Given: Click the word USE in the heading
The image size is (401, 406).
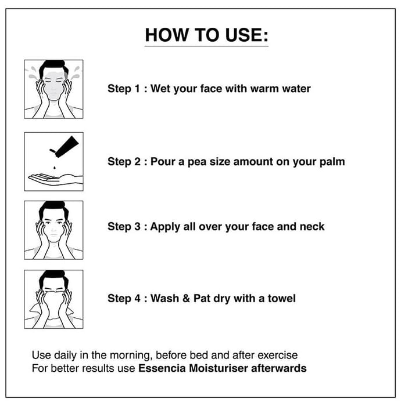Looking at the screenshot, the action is pyautogui.click(x=244, y=35).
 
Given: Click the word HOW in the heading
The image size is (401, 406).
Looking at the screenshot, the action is pyautogui.click(x=167, y=35).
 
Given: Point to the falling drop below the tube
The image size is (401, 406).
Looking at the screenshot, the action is pyautogui.click(x=55, y=168).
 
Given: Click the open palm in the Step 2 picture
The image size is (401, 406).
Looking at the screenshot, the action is pyautogui.click(x=56, y=179).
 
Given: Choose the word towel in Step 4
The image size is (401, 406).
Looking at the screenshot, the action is pyautogui.click(x=282, y=299).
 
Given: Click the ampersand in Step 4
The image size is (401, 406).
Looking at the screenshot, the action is pyautogui.click(x=186, y=299).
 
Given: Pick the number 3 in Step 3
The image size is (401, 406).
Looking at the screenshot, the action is pyautogui.click(x=138, y=227).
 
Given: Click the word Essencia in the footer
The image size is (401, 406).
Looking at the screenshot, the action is pyautogui.click(x=162, y=368).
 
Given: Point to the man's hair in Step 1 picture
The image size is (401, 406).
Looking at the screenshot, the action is pyautogui.click(x=53, y=67).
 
